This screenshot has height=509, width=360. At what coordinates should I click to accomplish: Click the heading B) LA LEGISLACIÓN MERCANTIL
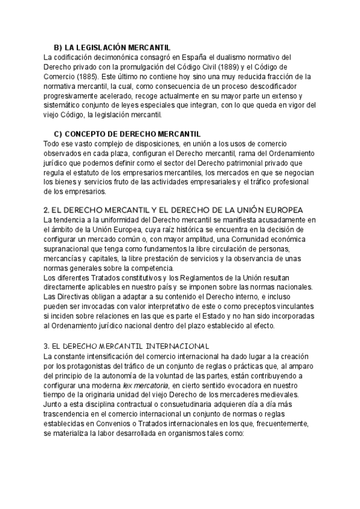coord(112,47)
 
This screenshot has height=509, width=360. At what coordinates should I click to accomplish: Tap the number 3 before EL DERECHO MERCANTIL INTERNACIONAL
coord(47,346)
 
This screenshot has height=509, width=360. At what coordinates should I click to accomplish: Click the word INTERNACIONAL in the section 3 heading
coord(170,346)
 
